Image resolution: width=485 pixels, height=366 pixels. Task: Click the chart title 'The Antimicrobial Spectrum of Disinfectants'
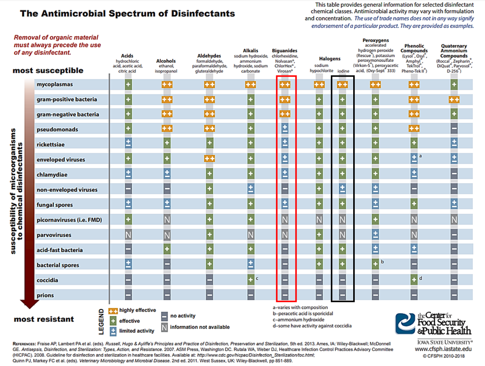(x=128, y=14)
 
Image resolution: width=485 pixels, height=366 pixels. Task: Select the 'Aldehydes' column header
(x=209, y=56)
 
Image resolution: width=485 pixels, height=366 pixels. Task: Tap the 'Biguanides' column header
(x=284, y=50)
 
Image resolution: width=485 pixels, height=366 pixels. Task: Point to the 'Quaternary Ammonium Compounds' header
(x=454, y=51)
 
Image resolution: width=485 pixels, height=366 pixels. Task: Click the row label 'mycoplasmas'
(x=55, y=84)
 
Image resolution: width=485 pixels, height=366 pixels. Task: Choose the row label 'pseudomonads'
(x=57, y=129)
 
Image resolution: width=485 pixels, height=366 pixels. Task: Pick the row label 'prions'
(x=45, y=295)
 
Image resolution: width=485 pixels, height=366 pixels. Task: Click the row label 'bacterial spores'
(x=58, y=265)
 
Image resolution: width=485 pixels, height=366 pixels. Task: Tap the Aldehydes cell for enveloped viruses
(x=209, y=159)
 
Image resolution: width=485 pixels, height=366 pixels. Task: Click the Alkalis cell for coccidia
(x=251, y=280)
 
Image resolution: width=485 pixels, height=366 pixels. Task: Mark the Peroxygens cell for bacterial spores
(x=375, y=264)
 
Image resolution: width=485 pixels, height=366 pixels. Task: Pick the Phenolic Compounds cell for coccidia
(x=414, y=280)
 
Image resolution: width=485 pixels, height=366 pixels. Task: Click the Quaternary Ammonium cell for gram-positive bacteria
(x=454, y=100)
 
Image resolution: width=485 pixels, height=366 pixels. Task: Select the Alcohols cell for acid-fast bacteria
(x=167, y=249)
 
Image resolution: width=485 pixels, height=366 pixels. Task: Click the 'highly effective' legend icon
(x=113, y=311)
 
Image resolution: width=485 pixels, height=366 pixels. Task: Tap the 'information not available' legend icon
(x=164, y=327)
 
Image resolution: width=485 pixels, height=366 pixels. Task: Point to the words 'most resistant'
(x=44, y=319)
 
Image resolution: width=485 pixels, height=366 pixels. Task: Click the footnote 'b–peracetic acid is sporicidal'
(x=303, y=314)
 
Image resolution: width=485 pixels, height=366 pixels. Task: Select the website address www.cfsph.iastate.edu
(x=443, y=349)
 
